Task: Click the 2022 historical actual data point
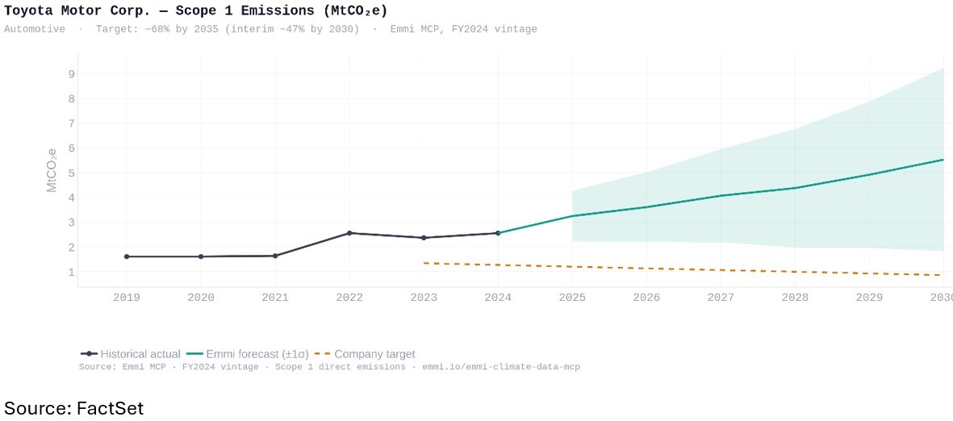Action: (x=349, y=233)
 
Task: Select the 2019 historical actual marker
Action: (x=127, y=256)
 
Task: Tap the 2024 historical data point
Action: (x=498, y=233)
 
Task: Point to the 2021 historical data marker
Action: (x=275, y=256)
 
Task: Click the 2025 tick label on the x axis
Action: (x=572, y=298)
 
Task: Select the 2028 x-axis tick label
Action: (x=795, y=298)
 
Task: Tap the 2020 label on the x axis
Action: (x=201, y=298)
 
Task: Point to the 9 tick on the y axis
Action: (x=71, y=74)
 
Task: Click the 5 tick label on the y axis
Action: (x=71, y=173)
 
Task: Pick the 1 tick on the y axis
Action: (x=71, y=272)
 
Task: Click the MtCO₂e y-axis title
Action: (x=52, y=169)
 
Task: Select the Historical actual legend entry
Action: (x=131, y=354)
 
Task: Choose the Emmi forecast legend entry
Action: (x=247, y=354)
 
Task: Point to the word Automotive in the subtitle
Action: (x=35, y=29)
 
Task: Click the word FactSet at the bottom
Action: (x=110, y=407)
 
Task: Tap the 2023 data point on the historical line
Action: (x=424, y=238)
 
